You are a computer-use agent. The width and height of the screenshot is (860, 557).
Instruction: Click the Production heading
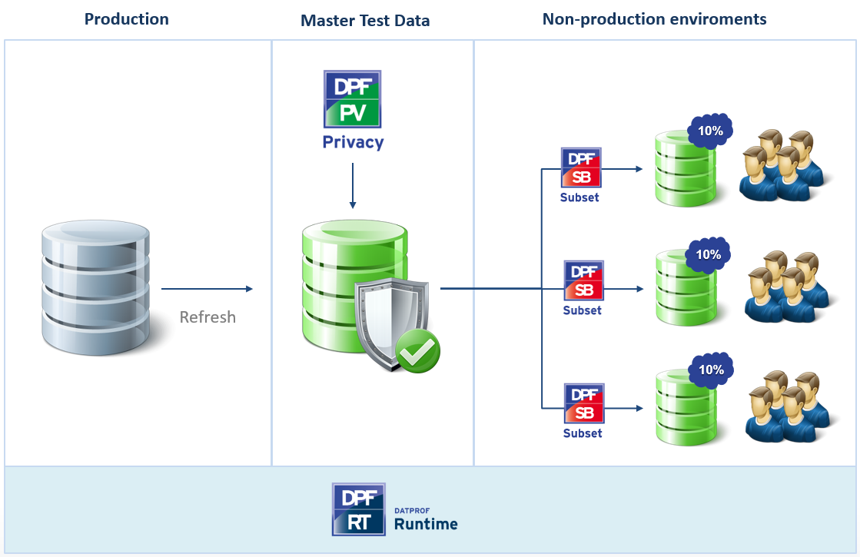point(127,19)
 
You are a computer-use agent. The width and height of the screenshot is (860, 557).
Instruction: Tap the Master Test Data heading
point(365,21)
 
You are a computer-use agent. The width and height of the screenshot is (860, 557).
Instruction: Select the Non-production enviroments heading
point(654,19)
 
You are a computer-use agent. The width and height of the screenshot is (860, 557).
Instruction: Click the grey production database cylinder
point(95,283)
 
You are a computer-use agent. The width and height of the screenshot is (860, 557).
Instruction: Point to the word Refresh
point(208,317)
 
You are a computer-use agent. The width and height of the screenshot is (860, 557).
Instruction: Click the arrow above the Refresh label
point(207,289)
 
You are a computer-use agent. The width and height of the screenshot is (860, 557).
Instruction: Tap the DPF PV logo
point(353,99)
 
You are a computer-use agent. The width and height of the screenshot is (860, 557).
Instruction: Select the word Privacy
point(353,142)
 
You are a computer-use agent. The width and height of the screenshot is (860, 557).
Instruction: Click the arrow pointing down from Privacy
point(353,184)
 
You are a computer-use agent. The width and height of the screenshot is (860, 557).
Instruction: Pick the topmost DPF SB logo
point(582,167)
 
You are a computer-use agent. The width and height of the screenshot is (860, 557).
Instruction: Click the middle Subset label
point(582,310)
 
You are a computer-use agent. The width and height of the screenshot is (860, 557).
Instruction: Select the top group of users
point(780,165)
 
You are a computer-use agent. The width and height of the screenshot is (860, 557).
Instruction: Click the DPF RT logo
point(359,509)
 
